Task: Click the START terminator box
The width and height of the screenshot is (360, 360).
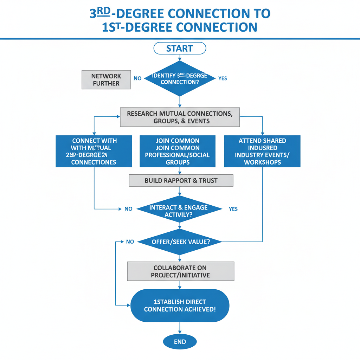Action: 180,48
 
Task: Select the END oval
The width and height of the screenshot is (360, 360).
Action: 180,342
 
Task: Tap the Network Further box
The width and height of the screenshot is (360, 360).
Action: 106,79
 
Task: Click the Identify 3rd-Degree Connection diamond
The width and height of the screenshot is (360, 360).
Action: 180,78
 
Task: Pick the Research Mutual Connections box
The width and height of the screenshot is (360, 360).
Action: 180,117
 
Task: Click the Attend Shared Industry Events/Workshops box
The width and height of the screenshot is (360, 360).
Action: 262,151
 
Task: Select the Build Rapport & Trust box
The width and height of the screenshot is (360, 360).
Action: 181,181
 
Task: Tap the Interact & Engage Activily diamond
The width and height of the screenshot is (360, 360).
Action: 179,210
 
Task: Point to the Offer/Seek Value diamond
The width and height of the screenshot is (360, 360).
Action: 180,242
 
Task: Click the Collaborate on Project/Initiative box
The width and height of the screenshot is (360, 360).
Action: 180,271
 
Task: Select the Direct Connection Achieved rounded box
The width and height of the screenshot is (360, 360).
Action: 180,306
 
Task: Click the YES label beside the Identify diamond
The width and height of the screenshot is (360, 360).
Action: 223,78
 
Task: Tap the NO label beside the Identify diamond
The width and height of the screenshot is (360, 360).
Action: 137,78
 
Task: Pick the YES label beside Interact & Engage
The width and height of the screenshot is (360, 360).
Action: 233,209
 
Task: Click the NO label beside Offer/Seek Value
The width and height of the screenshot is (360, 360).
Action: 130,242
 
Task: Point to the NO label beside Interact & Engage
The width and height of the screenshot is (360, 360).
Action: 128,209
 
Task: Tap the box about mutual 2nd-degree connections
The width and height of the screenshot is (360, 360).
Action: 94,151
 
